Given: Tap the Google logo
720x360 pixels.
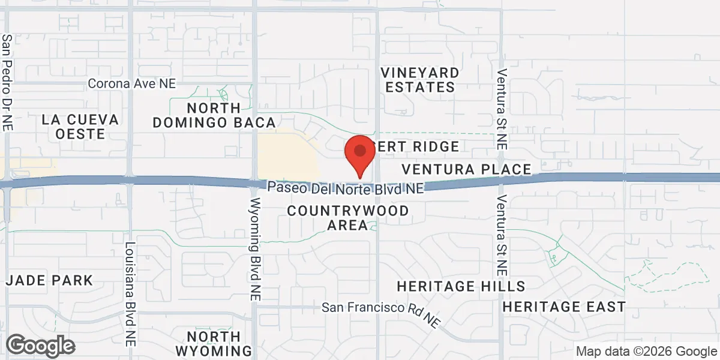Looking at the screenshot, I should click(x=40, y=346).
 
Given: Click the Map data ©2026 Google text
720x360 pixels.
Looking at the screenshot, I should click(x=646, y=351).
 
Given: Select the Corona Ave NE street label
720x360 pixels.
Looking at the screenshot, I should click(x=131, y=83).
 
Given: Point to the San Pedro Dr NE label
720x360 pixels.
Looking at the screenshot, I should click(x=7, y=82).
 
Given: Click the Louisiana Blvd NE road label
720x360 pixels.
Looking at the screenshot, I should click(x=130, y=294).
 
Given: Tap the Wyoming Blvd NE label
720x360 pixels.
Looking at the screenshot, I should click(x=256, y=249).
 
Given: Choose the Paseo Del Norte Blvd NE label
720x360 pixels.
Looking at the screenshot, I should click(x=346, y=188).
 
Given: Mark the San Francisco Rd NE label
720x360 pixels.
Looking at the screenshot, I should click(x=381, y=311).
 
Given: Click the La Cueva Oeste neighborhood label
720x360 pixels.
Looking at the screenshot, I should click(x=80, y=127).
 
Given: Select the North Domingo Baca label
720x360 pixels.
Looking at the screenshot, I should click(x=214, y=115).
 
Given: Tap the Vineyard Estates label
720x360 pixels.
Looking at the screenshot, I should click(x=421, y=80).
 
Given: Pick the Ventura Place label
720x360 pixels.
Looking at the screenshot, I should click(x=466, y=169).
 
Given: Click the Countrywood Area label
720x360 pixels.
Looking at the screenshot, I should click(x=347, y=218).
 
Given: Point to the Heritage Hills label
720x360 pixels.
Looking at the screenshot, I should click(x=461, y=286).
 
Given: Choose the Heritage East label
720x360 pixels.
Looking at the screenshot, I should click(x=564, y=307).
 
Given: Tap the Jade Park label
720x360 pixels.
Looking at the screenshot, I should click(x=50, y=280).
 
